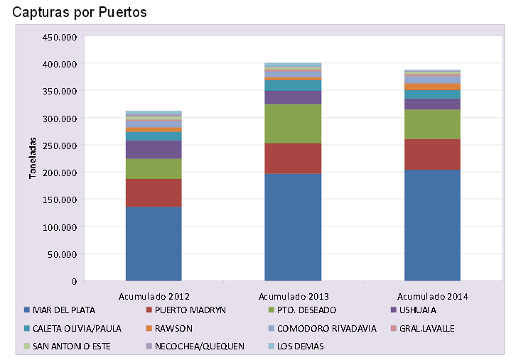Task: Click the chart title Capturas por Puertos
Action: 84,12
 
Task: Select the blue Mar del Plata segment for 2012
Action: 154,244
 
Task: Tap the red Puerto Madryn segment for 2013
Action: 293,158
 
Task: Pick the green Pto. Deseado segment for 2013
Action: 293,124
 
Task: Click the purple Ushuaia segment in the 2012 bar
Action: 154,149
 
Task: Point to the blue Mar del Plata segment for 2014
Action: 432,225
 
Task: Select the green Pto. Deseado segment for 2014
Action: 432,124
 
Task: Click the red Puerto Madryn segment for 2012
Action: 154,192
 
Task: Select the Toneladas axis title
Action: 33,158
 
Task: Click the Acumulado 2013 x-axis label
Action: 293,295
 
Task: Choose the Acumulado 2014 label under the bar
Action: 432,295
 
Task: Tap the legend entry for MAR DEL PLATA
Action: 64,310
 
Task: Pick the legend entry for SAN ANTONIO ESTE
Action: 70,346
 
